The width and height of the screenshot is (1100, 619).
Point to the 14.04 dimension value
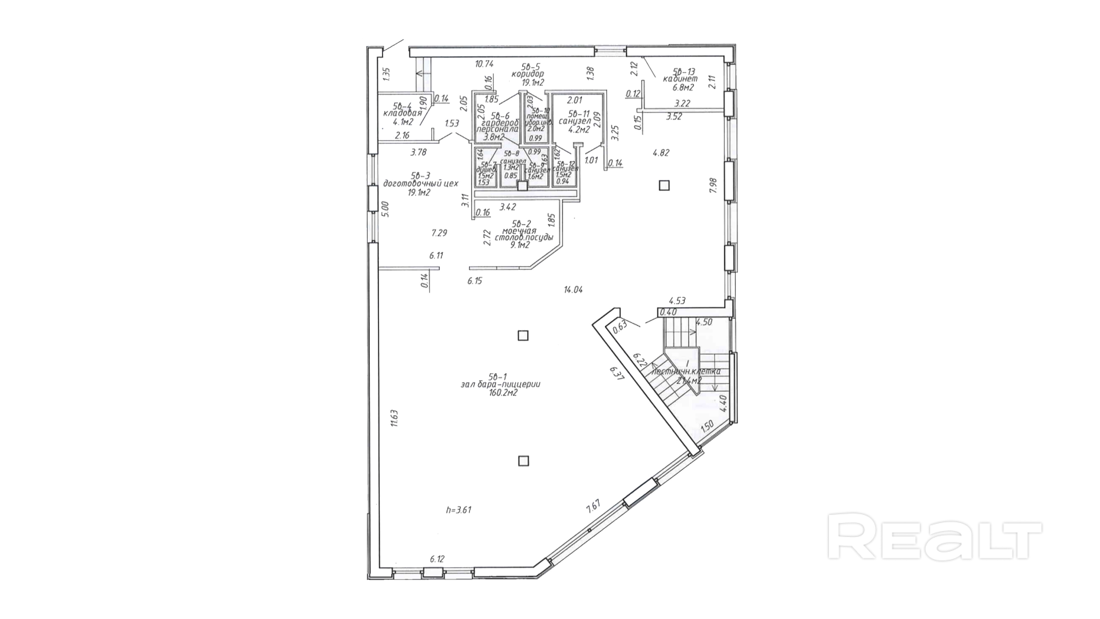pos(573,290)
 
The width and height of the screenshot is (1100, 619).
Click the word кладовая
pos(104,114)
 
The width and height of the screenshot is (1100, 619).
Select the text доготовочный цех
pos(421,184)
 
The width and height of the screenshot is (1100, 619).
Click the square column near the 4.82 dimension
pos(664,185)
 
